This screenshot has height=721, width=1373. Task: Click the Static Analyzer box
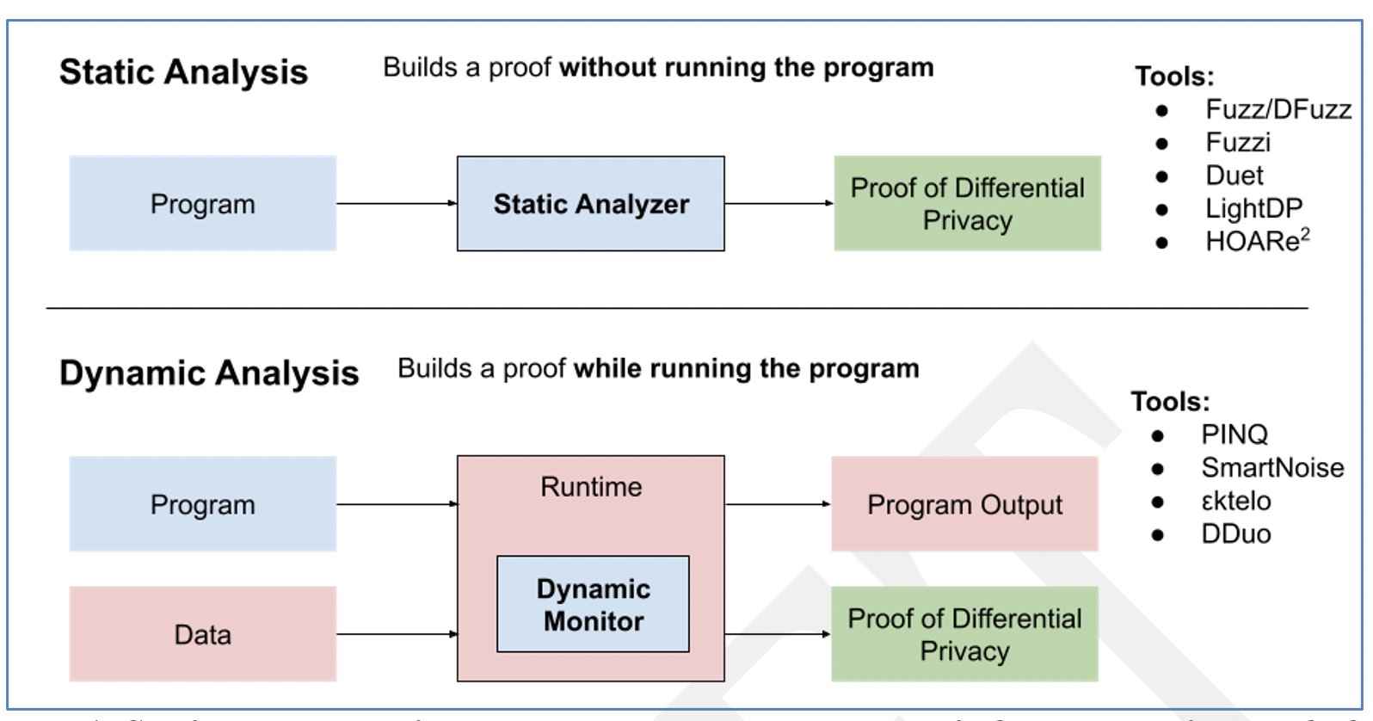click(x=590, y=204)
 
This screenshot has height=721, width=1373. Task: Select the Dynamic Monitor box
click(x=593, y=604)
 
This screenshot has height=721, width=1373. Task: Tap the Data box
click(x=202, y=634)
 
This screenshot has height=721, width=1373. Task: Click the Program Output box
click(x=964, y=504)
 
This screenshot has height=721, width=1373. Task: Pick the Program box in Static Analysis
click(x=202, y=204)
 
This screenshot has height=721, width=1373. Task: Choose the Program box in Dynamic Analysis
click(x=202, y=504)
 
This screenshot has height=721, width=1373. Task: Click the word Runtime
click(x=591, y=487)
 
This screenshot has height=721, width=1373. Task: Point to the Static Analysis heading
click(x=183, y=72)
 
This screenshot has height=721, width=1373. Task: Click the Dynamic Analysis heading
click(x=209, y=373)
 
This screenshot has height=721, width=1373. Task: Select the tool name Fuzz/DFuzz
click(x=1278, y=109)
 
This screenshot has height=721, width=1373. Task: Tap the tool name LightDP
click(x=1253, y=208)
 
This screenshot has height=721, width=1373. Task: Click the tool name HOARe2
click(x=1257, y=241)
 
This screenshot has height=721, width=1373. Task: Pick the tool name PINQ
click(x=1234, y=434)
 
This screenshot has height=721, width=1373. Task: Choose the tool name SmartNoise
click(x=1271, y=468)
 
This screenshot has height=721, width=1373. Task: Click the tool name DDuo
click(x=1235, y=534)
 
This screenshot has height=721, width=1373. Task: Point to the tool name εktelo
click(x=1235, y=501)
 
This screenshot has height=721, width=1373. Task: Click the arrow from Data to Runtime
click(x=397, y=634)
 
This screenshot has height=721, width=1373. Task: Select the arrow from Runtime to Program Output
click(x=778, y=504)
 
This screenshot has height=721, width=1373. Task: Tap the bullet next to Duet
click(x=1162, y=176)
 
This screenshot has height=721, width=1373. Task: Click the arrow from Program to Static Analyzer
click(x=397, y=204)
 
